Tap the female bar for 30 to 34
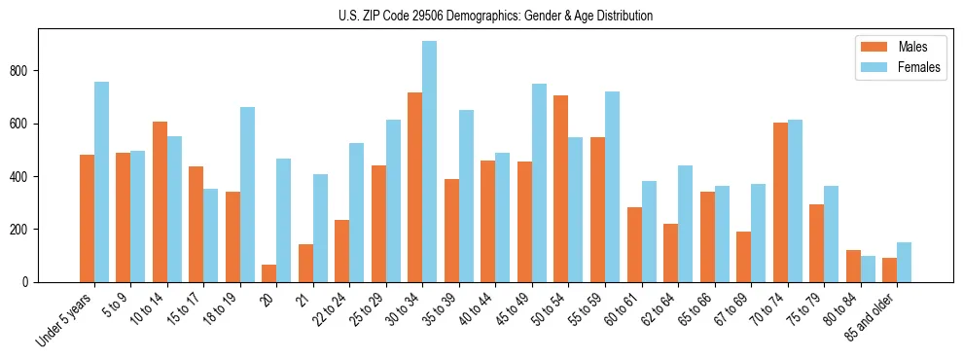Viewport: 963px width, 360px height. [430, 162]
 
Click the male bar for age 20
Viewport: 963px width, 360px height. [269, 273]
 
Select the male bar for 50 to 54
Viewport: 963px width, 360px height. [561, 189]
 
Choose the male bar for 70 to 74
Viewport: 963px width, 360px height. [780, 202]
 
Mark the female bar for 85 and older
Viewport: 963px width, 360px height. [904, 263]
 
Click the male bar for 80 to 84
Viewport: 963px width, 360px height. [853, 266]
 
